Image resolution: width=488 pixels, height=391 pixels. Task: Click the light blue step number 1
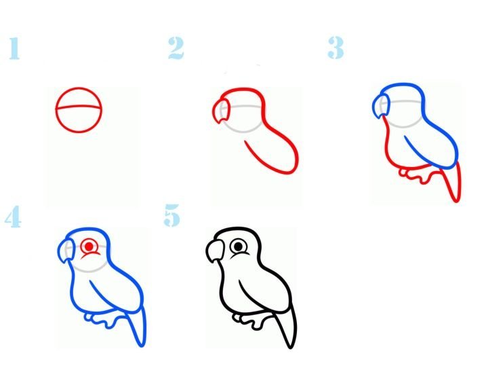(14, 48)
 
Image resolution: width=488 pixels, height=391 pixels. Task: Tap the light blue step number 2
(176, 48)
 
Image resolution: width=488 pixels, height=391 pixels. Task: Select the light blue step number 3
(335, 48)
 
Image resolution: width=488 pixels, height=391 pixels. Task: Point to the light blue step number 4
(13, 217)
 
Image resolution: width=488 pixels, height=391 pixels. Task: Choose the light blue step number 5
(171, 215)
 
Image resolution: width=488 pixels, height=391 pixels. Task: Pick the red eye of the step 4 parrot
(89, 246)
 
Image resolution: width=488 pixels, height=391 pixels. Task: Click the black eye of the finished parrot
(239, 246)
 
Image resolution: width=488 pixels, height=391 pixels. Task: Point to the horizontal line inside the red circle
(79, 107)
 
